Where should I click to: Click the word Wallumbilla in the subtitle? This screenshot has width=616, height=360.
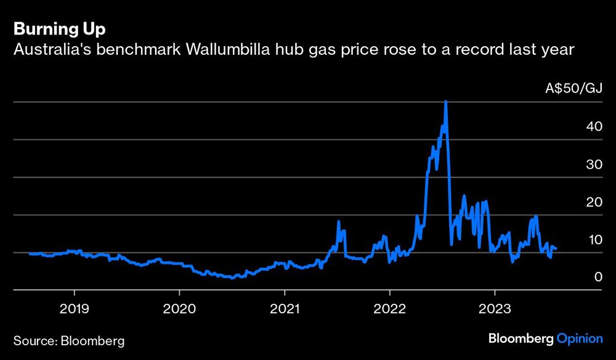(x=225, y=49)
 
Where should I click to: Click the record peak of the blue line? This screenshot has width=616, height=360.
(x=445, y=102)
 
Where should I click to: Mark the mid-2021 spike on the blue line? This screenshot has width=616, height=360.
(x=338, y=221)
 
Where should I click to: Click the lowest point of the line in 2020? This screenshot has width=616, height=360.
(x=232, y=278)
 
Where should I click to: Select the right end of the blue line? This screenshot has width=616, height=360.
(x=556, y=248)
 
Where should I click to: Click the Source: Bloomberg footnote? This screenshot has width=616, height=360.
(x=67, y=340)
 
